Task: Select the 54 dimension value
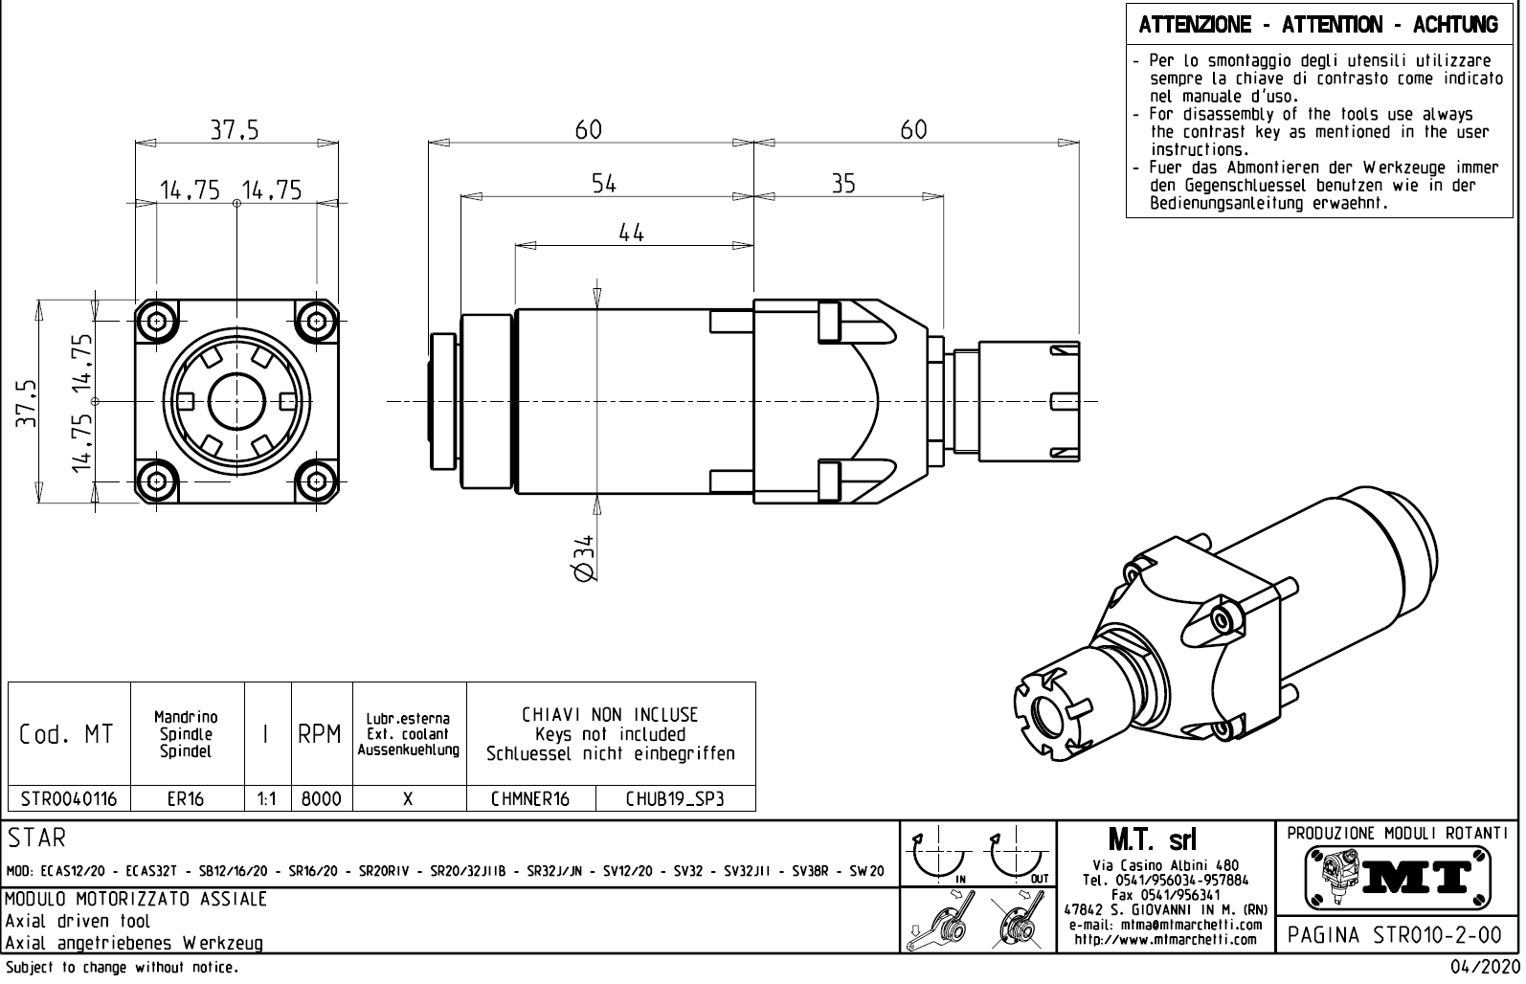(x=604, y=184)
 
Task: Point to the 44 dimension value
(x=631, y=232)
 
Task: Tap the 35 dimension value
(x=842, y=184)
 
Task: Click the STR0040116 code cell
(x=69, y=798)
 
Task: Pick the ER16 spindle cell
(x=187, y=798)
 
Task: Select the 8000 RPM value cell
(x=322, y=798)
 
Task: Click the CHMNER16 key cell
(x=530, y=798)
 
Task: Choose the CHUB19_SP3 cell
(x=675, y=798)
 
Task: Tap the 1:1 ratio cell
(x=267, y=798)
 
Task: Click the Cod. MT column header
(x=67, y=734)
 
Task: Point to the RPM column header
(x=320, y=734)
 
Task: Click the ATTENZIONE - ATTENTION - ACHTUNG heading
(x=1317, y=25)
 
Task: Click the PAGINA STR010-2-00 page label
(x=1395, y=935)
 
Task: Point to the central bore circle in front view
(x=236, y=401)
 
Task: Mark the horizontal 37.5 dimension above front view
(x=236, y=130)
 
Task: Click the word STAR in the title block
(x=38, y=839)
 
